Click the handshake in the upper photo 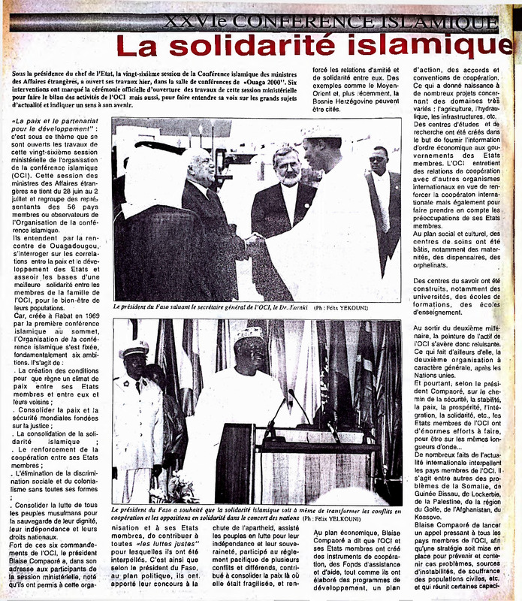(253, 242)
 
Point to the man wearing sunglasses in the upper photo (377, 161)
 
